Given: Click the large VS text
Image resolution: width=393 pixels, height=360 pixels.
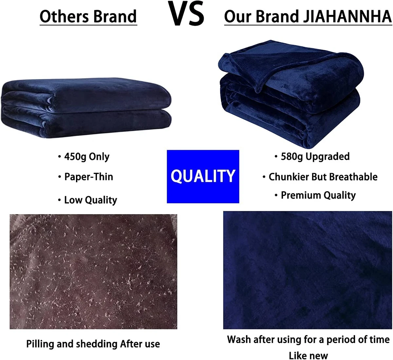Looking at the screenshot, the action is (x=186, y=13).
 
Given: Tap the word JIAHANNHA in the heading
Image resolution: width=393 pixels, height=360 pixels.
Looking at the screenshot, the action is (x=347, y=16).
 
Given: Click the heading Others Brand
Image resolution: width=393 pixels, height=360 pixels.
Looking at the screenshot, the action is (x=88, y=16).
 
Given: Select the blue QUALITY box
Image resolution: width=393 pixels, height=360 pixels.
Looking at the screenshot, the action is (x=203, y=176).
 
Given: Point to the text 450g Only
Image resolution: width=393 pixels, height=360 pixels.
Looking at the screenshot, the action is (x=87, y=157).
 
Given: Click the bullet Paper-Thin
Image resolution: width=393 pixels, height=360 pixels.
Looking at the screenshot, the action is (x=89, y=177).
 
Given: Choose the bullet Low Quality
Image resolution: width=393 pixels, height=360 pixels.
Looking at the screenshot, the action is (x=90, y=200).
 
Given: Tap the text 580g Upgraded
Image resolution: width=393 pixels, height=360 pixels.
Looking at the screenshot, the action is (x=315, y=157).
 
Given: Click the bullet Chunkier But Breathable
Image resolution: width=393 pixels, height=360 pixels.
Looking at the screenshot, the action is (x=323, y=177).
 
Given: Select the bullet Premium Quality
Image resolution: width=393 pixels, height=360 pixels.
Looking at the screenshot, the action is (x=318, y=196).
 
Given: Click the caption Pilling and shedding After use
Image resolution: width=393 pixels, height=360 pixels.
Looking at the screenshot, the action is (x=93, y=344).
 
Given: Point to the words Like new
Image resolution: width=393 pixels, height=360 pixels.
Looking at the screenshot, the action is (x=308, y=355).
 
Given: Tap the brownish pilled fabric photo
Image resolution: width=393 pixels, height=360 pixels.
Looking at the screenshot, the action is (x=93, y=271).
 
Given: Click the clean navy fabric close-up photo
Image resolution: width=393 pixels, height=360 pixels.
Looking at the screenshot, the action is (x=308, y=270).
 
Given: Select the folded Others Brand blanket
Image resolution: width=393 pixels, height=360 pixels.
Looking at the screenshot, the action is (x=86, y=108).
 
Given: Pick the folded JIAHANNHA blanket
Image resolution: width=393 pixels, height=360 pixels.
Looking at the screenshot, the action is (x=291, y=94).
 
